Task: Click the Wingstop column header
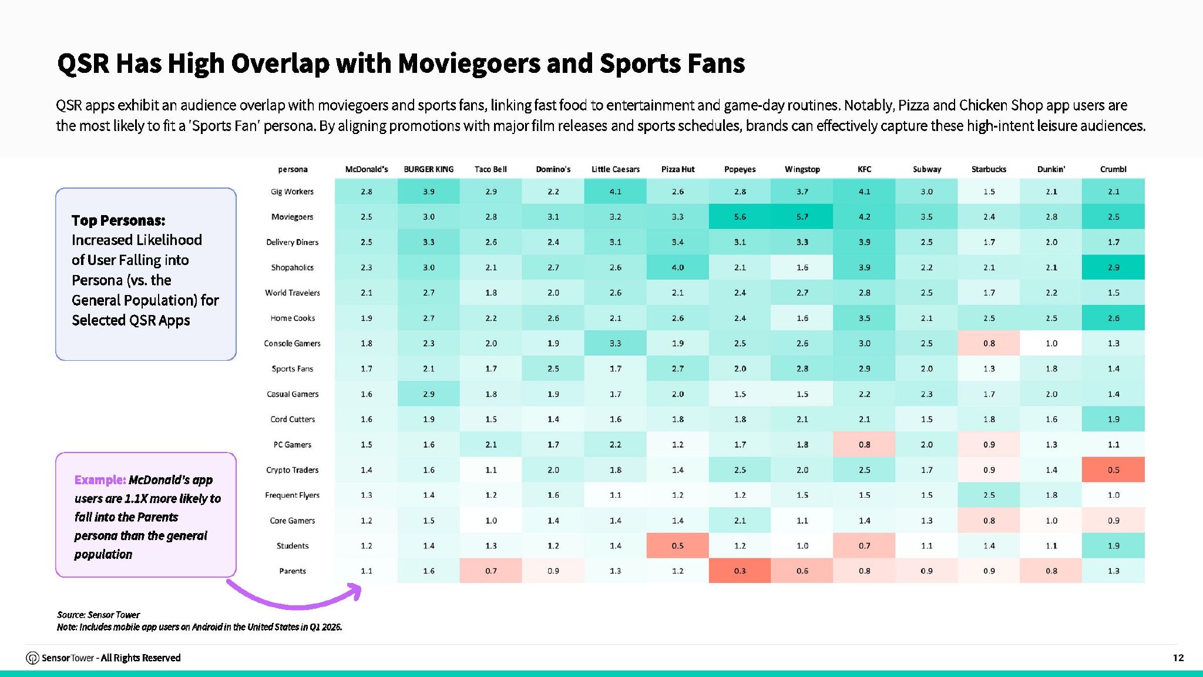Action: (x=802, y=169)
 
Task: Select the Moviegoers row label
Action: (x=292, y=217)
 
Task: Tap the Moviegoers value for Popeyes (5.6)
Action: (x=740, y=217)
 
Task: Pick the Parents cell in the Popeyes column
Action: (x=740, y=571)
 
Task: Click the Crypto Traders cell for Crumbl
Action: (x=1113, y=470)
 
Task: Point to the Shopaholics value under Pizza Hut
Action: (x=677, y=267)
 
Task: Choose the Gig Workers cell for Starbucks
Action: (x=989, y=192)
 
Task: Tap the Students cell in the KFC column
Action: (x=864, y=545)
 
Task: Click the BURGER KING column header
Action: (x=428, y=169)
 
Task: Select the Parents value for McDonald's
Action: (x=366, y=571)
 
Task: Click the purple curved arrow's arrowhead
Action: (x=354, y=591)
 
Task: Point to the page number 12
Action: (x=1178, y=658)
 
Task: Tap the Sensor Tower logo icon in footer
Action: (x=33, y=658)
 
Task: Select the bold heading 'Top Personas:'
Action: (x=118, y=220)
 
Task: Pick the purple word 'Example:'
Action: (x=100, y=480)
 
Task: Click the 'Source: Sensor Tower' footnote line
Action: (x=98, y=615)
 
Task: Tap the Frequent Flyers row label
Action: (x=292, y=495)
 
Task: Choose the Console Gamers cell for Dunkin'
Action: (x=1051, y=343)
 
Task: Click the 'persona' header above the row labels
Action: (x=293, y=169)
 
